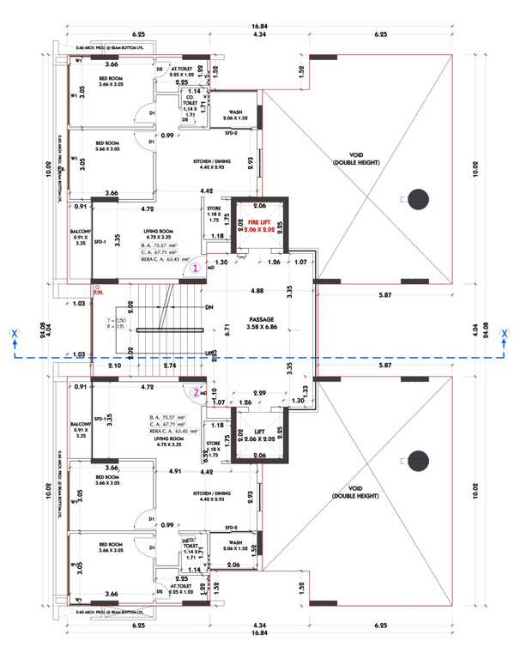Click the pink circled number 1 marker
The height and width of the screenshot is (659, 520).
(x=196, y=268)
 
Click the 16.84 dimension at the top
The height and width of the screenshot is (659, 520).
(x=260, y=26)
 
